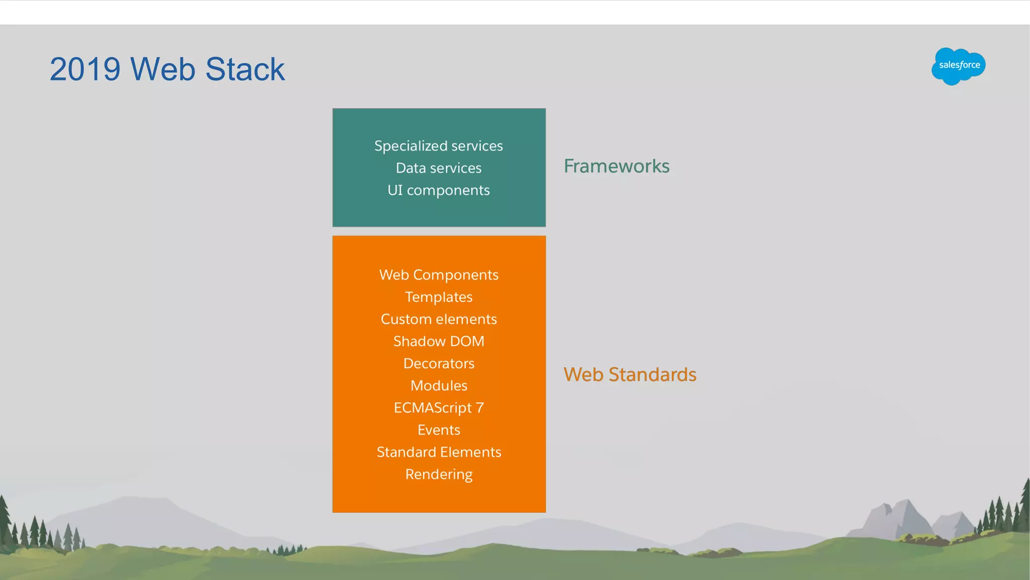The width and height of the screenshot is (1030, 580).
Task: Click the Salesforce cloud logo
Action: [958, 66]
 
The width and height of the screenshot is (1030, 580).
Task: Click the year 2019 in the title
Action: [85, 69]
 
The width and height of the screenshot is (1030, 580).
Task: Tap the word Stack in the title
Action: [245, 69]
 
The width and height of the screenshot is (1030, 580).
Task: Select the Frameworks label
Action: [616, 166]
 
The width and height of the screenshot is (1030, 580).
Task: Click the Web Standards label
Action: [630, 375]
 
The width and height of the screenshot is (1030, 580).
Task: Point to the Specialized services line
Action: [439, 146]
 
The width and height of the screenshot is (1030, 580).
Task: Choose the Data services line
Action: [439, 168]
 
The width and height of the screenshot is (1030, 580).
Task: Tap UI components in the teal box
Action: [439, 190]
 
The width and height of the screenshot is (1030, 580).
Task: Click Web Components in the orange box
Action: [439, 275]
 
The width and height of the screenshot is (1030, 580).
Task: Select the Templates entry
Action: [439, 297]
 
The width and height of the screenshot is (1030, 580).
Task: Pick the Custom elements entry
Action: [439, 319]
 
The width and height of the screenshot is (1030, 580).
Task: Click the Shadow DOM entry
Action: [439, 341]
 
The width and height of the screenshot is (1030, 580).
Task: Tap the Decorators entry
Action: [439, 364]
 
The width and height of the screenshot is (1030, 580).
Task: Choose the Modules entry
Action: [439, 386]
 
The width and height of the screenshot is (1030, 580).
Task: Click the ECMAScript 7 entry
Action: [439, 408]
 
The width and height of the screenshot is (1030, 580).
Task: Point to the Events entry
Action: [439, 430]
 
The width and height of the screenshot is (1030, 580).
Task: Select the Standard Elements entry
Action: [439, 452]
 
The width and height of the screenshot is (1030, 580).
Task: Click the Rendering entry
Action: [439, 474]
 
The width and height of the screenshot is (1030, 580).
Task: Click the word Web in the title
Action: [162, 69]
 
